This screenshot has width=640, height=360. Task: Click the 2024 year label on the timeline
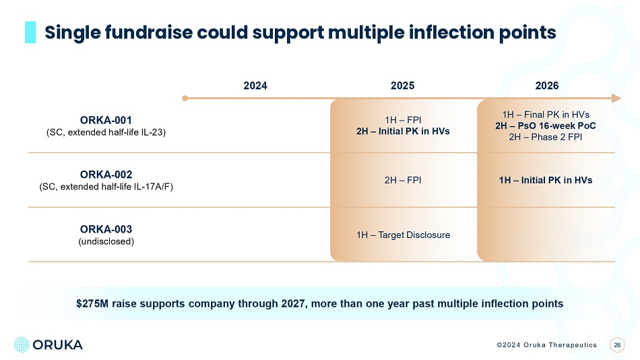tap(255, 86)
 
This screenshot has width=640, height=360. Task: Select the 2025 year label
tap(402, 86)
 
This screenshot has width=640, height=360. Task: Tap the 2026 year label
tap(546, 86)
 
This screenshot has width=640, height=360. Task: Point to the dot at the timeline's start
tap(185, 98)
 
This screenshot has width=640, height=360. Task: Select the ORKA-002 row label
tap(105, 174)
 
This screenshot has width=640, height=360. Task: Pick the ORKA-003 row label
tap(105, 229)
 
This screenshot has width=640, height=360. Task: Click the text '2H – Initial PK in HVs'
tap(403, 131)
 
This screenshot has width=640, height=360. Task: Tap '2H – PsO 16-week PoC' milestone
tap(546, 125)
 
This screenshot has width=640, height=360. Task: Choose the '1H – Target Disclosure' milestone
tap(403, 235)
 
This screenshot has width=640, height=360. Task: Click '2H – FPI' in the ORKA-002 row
tap(403, 180)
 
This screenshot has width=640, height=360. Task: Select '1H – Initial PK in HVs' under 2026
tap(546, 180)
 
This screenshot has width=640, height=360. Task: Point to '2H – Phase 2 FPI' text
tap(546, 137)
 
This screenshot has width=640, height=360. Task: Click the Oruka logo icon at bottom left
tap(22, 344)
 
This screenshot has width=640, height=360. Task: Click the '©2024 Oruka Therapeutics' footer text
tap(546, 344)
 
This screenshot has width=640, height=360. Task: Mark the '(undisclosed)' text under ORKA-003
tap(105, 241)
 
